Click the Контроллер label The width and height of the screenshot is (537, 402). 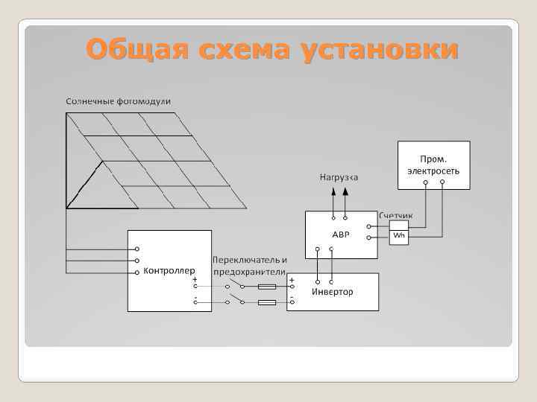click(x=169, y=270)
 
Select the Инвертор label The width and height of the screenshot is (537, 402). click(x=333, y=291)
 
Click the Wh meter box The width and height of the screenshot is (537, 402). click(x=399, y=236)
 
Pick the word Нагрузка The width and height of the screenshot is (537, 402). click(x=339, y=177)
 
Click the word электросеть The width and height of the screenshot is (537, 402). click(x=433, y=170)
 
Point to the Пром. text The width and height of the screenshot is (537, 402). click(x=433, y=159)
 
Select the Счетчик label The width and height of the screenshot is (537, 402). click(x=398, y=215)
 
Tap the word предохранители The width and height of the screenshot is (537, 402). click(x=250, y=272)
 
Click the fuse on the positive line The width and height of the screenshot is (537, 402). click(x=266, y=287)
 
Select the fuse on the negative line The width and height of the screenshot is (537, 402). click(x=266, y=302)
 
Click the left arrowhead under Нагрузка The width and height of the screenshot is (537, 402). click(x=333, y=191)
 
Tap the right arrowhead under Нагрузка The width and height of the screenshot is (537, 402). click(x=345, y=191)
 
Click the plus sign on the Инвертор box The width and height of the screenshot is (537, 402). click(x=292, y=281)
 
